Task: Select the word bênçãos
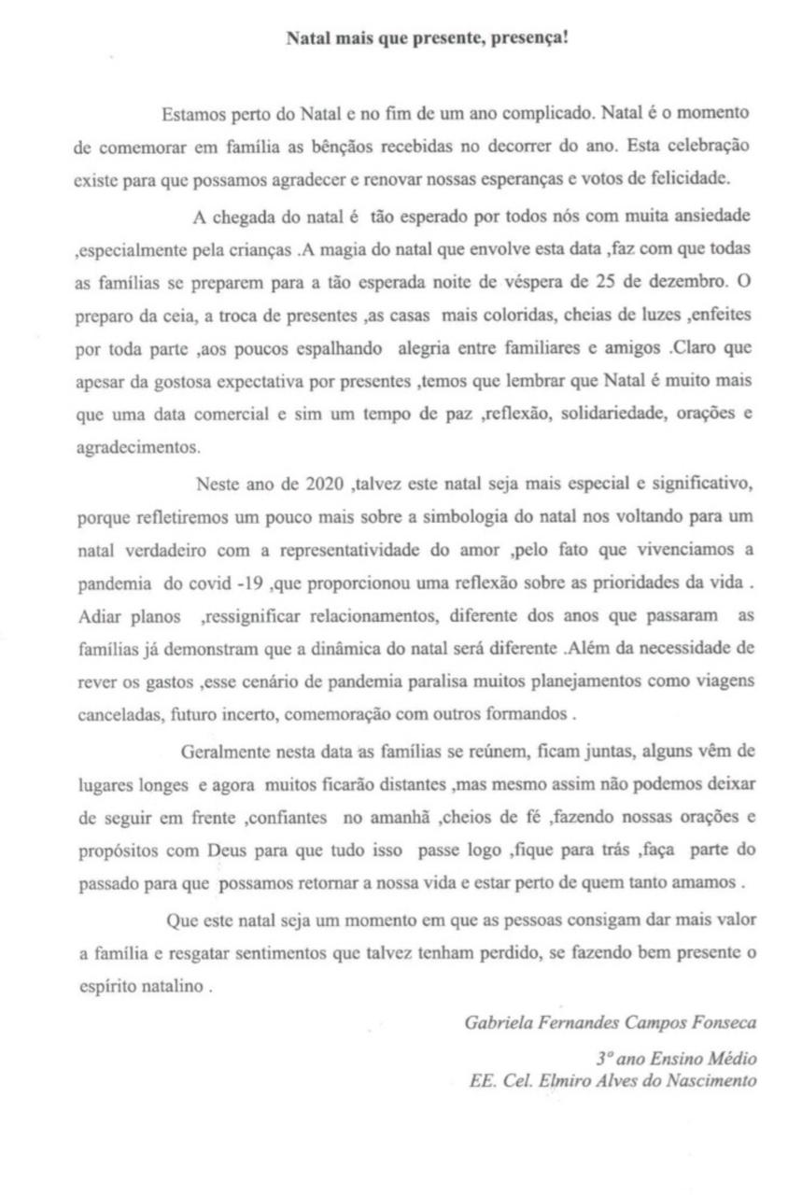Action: click(x=303, y=148)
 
